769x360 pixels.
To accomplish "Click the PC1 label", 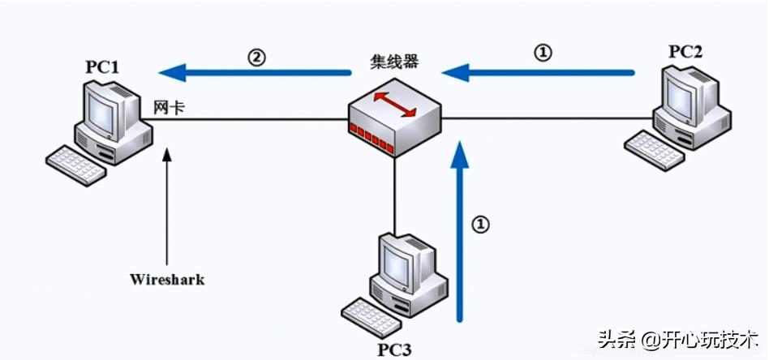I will (x=103, y=66).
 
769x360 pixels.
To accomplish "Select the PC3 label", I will (x=395, y=349).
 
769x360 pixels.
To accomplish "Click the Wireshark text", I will (x=167, y=280).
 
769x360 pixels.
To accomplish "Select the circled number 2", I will (x=256, y=58).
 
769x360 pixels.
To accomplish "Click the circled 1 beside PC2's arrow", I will (x=543, y=53).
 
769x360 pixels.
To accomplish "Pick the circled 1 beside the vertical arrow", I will (x=481, y=224).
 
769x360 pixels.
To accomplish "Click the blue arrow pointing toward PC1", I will (x=256, y=74).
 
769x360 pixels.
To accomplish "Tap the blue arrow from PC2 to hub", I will (x=539, y=73).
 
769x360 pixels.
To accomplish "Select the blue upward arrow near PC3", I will (x=459, y=235).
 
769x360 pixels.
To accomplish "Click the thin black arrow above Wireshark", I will (x=167, y=207).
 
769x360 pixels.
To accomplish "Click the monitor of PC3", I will (x=404, y=259).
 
